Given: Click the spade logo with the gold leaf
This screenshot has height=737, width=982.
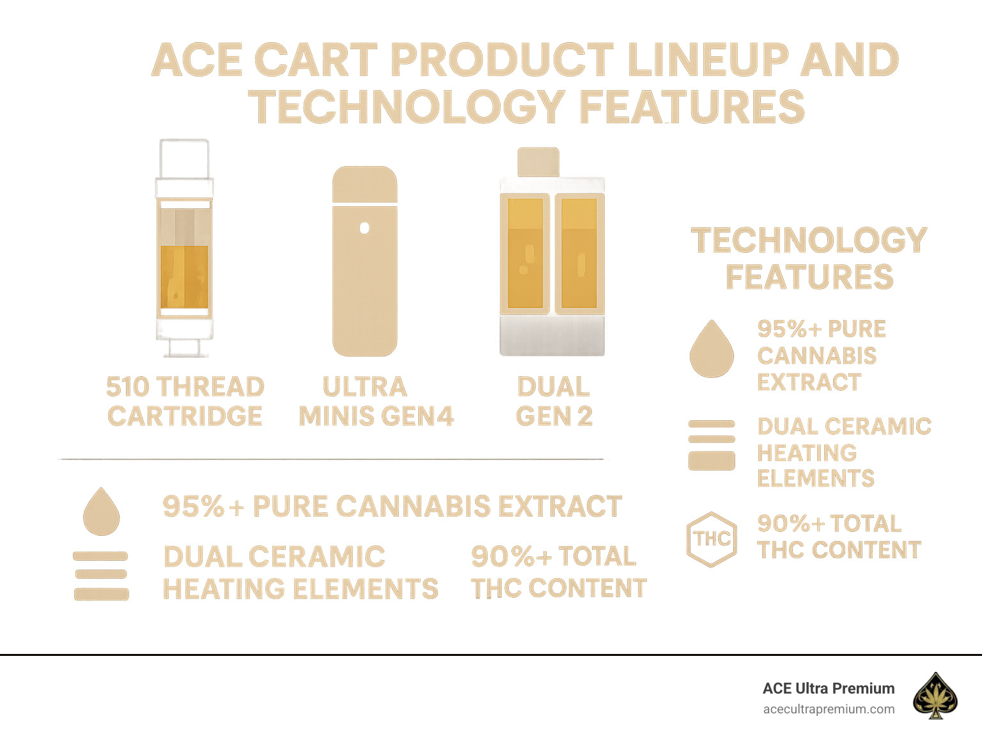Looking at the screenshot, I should pyautogui.click(x=935, y=695).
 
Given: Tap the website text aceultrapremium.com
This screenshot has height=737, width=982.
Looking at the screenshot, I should pyautogui.click(x=829, y=709).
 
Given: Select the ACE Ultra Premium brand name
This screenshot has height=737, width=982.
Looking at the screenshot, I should pyautogui.click(x=829, y=688).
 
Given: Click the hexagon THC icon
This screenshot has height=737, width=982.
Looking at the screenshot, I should pyautogui.click(x=712, y=539).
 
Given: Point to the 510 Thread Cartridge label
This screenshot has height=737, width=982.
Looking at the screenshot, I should pyautogui.click(x=185, y=401).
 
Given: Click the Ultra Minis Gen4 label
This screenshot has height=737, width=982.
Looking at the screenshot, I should pyautogui.click(x=376, y=401).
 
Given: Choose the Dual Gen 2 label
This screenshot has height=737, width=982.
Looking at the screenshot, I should pyautogui.click(x=554, y=401).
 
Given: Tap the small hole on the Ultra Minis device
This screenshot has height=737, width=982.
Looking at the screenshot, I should pyautogui.click(x=364, y=228).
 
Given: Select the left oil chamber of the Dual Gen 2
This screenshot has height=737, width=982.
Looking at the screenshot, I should pyautogui.click(x=525, y=253).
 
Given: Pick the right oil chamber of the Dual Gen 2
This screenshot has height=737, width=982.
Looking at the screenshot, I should pyautogui.click(x=579, y=253).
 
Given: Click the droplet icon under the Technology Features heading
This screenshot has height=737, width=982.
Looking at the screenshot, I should pyautogui.click(x=712, y=349).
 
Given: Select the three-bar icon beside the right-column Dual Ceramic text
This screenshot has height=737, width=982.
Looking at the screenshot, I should pyautogui.click(x=712, y=445).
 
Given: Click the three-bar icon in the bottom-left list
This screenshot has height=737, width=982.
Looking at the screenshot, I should pyautogui.click(x=101, y=575).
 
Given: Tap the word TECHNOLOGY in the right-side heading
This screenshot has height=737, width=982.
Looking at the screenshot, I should pyautogui.click(x=809, y=241).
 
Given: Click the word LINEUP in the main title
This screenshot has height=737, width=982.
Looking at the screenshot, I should pyautogui.click(x=707, y=61).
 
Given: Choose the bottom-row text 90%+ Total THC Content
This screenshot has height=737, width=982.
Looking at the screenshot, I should pyautogui.click(x=558, y=572).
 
